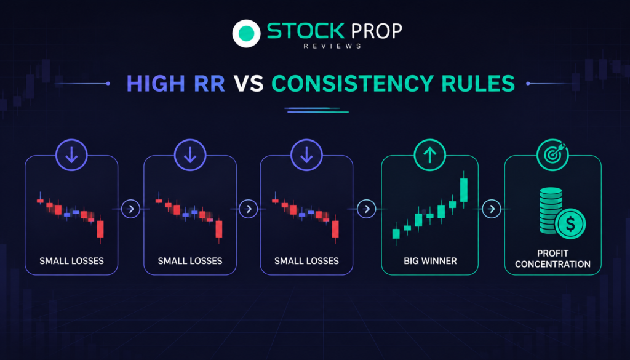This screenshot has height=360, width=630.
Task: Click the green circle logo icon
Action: tap(246, 33)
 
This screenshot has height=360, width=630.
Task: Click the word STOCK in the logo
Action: tap(306, 31)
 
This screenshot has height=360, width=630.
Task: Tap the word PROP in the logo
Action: tap(377, 31)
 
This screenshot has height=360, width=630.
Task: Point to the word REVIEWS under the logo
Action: tap(332, 46)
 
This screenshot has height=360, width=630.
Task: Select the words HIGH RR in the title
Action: tap(175, 84)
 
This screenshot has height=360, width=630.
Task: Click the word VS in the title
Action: tap(249, 84)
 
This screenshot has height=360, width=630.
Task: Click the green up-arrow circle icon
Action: tap(429, 155)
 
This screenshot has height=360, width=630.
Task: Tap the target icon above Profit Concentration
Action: tap(552, 155)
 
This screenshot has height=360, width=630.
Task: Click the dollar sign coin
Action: tap(570, 224)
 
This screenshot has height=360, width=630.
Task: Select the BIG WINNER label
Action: tap(430, 261)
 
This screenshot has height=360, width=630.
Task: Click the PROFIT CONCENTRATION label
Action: tap(553, 258)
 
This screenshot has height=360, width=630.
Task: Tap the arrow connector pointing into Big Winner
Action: tap(367, 209)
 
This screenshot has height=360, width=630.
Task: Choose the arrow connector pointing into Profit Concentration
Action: tap(492, 209)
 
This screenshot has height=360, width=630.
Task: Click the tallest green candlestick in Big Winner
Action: tap(464, 190)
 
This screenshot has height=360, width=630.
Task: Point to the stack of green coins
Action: tap(551, 210)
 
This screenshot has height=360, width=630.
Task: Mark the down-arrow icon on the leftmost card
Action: tap(71, 155)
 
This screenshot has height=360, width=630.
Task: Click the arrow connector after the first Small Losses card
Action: tap(130, 209)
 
